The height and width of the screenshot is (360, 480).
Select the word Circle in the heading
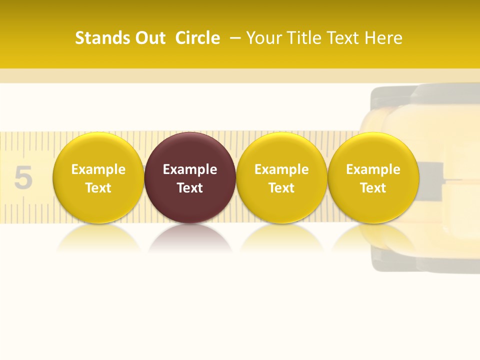point(197,38)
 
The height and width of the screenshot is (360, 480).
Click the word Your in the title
point(263,38)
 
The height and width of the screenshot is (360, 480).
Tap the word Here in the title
point(383,38)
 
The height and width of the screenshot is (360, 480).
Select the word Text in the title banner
point(344,38)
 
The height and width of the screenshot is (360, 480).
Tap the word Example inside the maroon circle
point(190,169)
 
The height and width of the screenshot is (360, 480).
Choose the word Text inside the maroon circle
point(190,188)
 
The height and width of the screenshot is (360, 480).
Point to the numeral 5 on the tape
point(23,177)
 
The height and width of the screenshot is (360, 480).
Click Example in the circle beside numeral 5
point(98,169)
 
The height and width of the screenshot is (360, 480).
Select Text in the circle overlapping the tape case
point(373,188)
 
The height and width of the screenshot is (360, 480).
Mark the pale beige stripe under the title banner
point(240,75)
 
